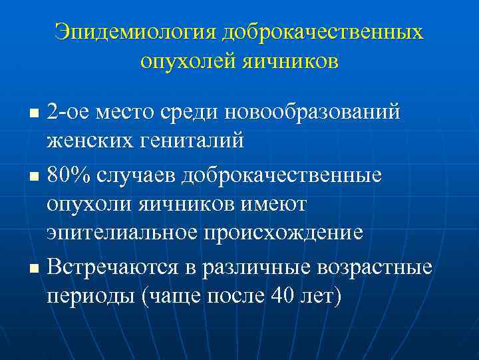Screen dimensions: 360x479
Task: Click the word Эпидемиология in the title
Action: [136, 32]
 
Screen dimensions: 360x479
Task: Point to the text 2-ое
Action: [69, 111]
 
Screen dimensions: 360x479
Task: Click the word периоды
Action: [90, 296]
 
